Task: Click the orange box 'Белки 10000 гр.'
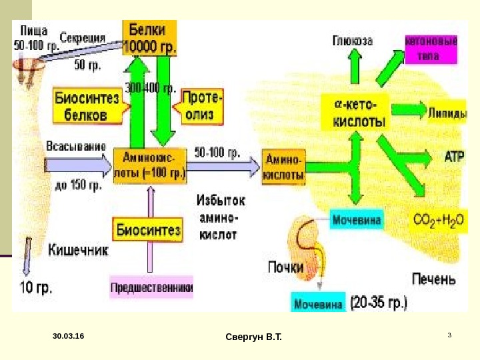pos(149,37)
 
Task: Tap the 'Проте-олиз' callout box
pos(203,105)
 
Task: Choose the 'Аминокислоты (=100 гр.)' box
pos(151,163)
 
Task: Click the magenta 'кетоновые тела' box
pos(431,49)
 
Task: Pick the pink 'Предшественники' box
pos(151,288)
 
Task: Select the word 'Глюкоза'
pos(353,41)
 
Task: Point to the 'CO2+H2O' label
pos(438,219)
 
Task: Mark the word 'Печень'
pos(434,278)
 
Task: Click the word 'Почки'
pos(285,267)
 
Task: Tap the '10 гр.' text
pos(35,288)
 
